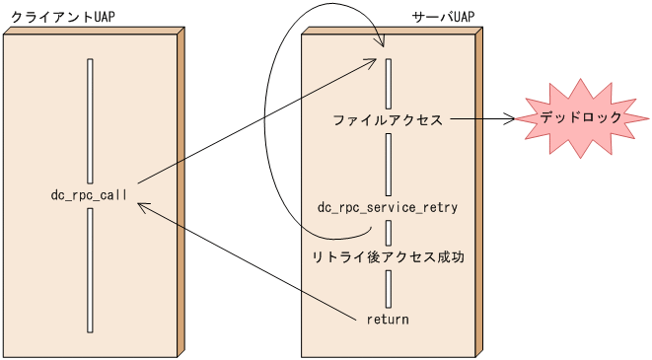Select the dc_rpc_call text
[90, 195]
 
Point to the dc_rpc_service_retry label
[388, 207]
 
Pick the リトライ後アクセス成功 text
[388, 256]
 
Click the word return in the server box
[388, 320]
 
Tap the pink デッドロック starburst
[581, 117]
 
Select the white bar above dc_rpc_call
[91, 120]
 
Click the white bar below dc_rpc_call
[91, 269]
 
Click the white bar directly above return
[390, 289]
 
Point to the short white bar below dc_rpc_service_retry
[390, 232]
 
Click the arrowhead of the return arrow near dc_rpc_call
[143, 207]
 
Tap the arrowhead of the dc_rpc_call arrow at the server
[369, 62]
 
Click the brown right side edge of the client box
[181, 192]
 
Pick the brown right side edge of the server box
[479, 192]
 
